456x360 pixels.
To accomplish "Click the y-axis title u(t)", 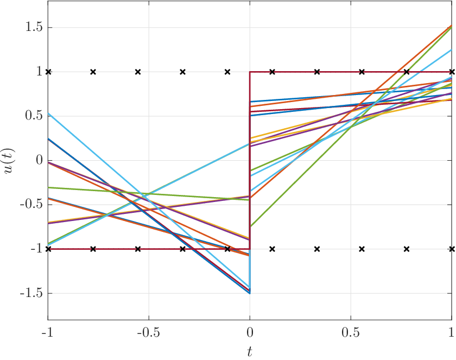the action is point(10,160).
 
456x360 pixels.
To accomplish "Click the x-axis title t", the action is point(250,352).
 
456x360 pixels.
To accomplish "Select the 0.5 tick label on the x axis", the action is point(351,332).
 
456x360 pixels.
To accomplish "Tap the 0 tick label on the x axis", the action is point(250,332).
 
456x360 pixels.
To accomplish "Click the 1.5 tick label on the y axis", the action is point(34,27).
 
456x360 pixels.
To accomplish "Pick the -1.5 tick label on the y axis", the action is point(31,293).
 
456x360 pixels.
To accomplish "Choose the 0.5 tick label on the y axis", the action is point(34,116).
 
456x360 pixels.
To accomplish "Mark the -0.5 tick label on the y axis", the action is point(31,204).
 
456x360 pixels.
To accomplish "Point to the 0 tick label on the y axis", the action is point(39,160).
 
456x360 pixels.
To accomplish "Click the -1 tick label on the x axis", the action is point(48,332).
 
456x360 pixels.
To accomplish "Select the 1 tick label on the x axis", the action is point(451,332).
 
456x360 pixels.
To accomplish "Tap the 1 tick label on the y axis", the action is point(40,72).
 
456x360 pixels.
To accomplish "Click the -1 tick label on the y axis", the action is point(37,249).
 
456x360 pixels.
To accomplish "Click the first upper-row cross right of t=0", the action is point(272,72).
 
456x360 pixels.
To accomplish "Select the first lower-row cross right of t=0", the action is point(272,249).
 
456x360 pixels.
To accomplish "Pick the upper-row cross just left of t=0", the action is point(227,72).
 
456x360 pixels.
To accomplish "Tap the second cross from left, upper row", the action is point(93,72).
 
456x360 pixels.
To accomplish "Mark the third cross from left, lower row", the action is point(138,249).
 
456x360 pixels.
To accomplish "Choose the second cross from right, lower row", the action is point(407,249).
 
